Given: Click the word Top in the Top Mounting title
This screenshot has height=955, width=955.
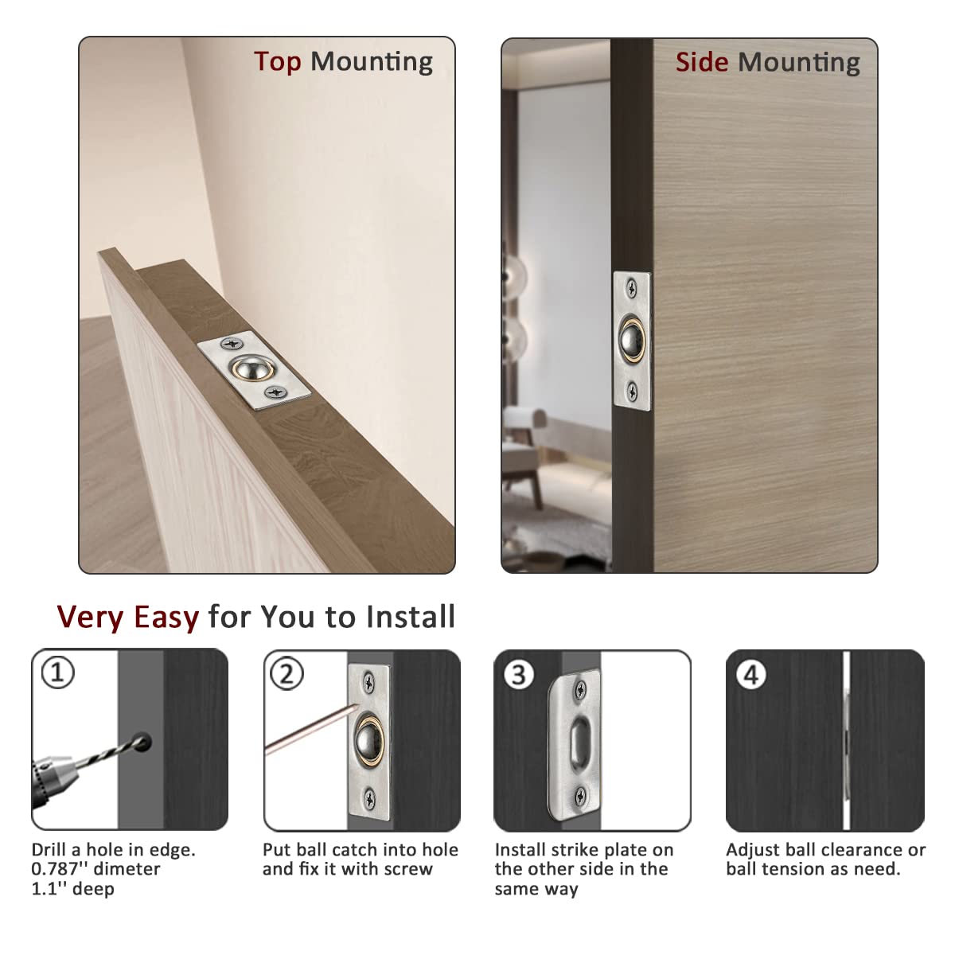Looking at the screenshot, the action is point(278,63).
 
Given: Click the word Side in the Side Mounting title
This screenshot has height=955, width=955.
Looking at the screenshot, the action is point(702,62).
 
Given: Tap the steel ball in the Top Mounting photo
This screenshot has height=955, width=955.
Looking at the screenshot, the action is point(251,368).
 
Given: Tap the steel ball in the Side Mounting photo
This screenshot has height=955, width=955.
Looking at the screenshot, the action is point(632,339).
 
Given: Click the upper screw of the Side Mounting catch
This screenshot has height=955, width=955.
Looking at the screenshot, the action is point(632,287).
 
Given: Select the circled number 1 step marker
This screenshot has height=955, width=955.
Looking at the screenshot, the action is point(57,672).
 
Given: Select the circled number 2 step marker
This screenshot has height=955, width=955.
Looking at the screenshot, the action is point(287,673).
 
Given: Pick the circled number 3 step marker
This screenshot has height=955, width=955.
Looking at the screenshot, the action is point(518,675).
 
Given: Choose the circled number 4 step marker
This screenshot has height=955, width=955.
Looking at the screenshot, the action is point(750,675).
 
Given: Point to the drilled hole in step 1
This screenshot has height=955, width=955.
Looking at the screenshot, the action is point(142,742).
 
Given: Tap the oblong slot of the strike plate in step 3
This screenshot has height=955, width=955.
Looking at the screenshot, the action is point(577,747).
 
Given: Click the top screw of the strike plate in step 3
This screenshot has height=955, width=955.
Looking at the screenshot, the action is point(580,690).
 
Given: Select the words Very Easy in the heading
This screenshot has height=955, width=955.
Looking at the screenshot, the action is point(128,617).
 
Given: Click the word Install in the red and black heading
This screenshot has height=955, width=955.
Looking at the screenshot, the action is point(410,617).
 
